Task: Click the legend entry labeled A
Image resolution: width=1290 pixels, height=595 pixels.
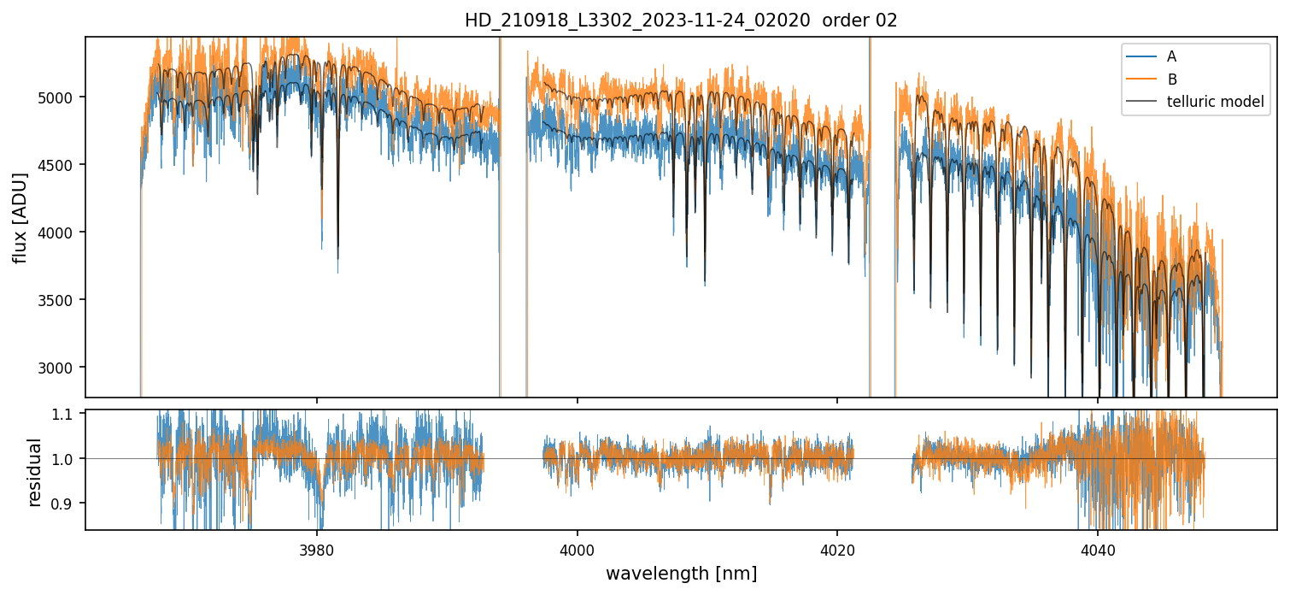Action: (1171, 56)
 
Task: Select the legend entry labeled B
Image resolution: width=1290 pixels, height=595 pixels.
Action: (1171, 80)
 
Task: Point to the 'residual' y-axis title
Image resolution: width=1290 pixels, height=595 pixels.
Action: (35, 471)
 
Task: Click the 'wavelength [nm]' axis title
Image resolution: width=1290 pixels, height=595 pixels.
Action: (681, 574)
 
